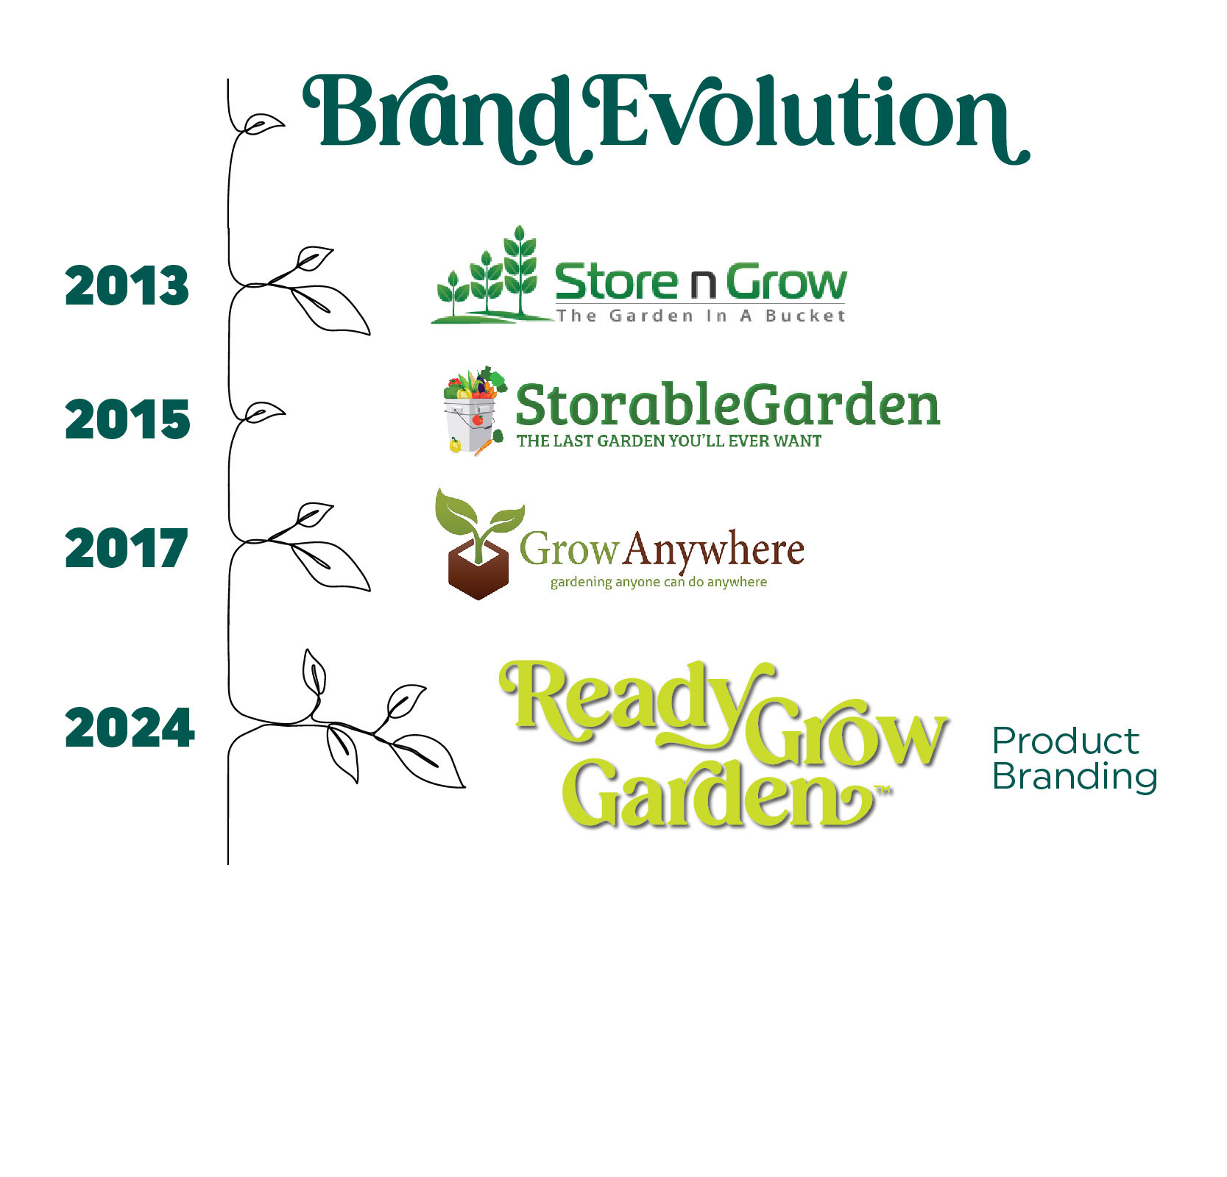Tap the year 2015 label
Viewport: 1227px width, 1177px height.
127,420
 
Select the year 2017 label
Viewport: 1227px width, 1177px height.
127,549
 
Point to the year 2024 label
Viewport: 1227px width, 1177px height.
130,728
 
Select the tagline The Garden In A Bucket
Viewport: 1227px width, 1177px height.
701,316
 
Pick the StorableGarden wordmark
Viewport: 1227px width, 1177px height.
728,405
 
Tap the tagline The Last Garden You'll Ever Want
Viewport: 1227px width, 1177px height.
669,441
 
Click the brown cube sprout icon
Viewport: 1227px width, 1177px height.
479,544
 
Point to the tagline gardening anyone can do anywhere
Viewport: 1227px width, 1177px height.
659,582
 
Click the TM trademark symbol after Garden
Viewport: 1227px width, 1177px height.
883,791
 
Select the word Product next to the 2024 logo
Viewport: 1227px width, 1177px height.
1066,741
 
